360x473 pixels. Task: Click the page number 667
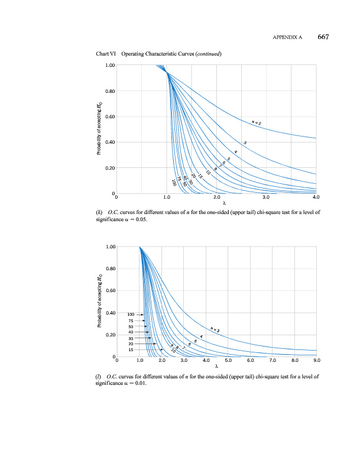pos(322,37)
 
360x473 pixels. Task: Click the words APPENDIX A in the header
pos(287,37)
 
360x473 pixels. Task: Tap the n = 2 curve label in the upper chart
pos(256,122)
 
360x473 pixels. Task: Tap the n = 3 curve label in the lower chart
pos(215,329)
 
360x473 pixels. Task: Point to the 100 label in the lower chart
pos(132,314)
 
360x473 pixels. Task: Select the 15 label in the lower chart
pos(131,349)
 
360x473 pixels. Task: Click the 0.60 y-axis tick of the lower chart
pos(108,290)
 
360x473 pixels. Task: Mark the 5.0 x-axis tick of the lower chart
pos(228,359)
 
